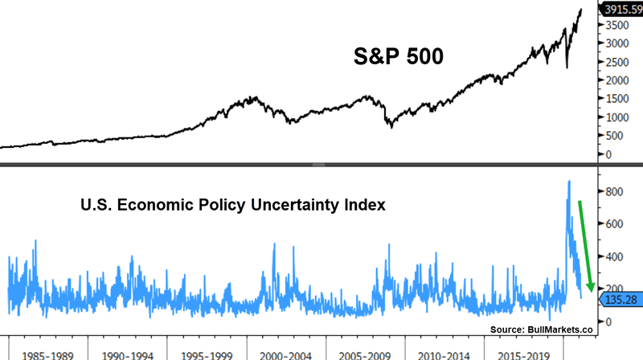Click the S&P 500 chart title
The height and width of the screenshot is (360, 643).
[399, 57]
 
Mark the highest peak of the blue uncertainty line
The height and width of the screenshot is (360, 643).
[569, 182]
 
